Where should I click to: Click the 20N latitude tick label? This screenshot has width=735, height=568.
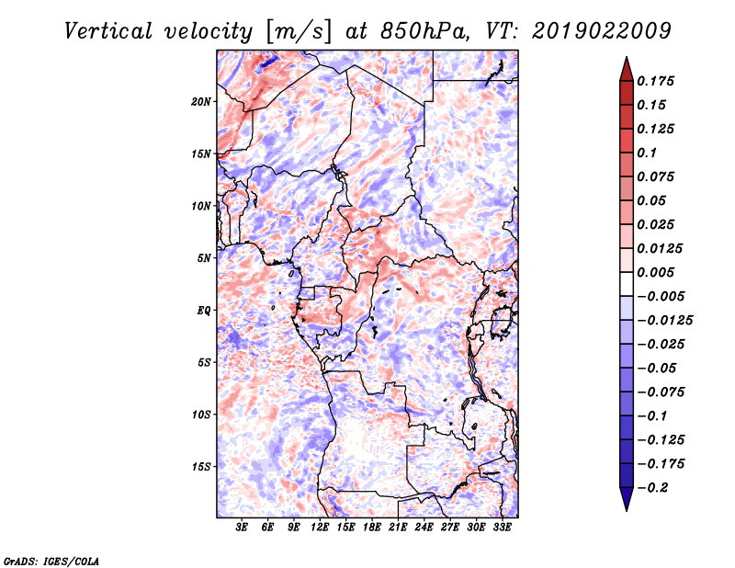pyautogui.click(x=200, y=102)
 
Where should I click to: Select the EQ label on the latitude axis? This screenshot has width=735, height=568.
pyautogui.click(x=204, y=311)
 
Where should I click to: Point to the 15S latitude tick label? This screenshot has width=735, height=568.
pyautogui.click(x=201, y=467)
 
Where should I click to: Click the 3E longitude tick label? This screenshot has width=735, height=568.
pyautogui.click(x=242, y=528)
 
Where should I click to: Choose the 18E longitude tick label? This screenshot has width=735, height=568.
pyautogui.click(x=372, y=528)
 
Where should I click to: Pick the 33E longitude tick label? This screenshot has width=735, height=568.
pyautogui.click(x=502, y=528)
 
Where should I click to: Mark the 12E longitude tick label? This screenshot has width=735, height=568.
pyautogui.click(x=320, y=528)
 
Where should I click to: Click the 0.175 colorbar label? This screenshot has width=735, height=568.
pyautogui.click(x=655, y=81)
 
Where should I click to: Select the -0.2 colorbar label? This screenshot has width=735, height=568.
pyautogui.click(x=652, y=488)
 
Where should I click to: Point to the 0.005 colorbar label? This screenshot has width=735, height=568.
pyautogui.click(x=655, y=272)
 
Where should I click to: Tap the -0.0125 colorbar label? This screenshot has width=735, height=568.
pyautogui.click(x=664, y=321)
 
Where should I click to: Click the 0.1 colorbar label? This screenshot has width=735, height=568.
pyautogui.click(x=647, y=153)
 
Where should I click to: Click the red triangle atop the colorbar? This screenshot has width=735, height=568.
pyautogui.click(x=627, y=69)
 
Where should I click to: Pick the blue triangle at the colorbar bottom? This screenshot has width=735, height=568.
pyautogui.click(x=627, y=499)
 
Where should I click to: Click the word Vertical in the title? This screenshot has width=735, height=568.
pyautogui.click(x=108, y=31)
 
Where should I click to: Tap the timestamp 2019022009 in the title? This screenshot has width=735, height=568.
pyautogui.click(x=602, y=31)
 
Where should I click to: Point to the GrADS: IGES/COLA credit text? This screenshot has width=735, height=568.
pyautogui.click(x=51, y=561)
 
